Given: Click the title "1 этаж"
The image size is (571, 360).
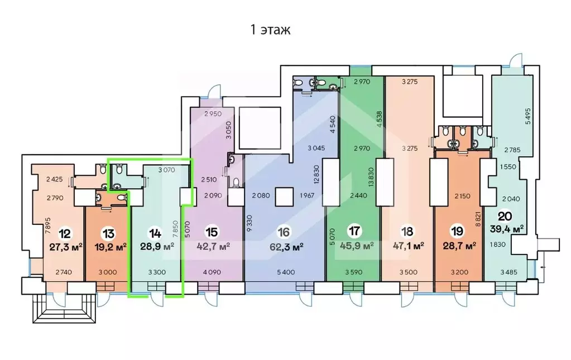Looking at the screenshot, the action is point(270,30).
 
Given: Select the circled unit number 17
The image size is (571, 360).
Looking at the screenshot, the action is point(354,231).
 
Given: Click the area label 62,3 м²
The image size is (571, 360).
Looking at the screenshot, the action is point(286,247).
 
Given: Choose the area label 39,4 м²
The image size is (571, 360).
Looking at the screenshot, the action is point(507,229).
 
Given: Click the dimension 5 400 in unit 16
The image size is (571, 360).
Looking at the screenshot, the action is point(286,272).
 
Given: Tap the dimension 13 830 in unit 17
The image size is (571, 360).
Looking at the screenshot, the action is point(371,177).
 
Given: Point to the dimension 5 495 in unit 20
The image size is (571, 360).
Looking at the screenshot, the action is point(528,116).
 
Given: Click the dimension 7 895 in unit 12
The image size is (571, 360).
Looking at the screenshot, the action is point(47,225).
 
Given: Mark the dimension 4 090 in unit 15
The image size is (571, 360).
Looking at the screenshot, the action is point(212,272).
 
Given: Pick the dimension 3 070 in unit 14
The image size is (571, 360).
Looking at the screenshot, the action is point(167,170).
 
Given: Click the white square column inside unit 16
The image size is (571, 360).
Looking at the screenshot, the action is point(284,197).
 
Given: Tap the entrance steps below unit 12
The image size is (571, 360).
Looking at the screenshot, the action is point(64,308).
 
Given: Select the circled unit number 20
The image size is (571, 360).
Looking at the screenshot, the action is point(505,216).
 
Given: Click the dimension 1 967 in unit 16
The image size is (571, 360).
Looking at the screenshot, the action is point(306,195).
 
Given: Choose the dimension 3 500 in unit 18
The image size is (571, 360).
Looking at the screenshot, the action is point(408,272).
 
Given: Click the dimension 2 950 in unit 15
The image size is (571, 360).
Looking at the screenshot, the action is point(213,113).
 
